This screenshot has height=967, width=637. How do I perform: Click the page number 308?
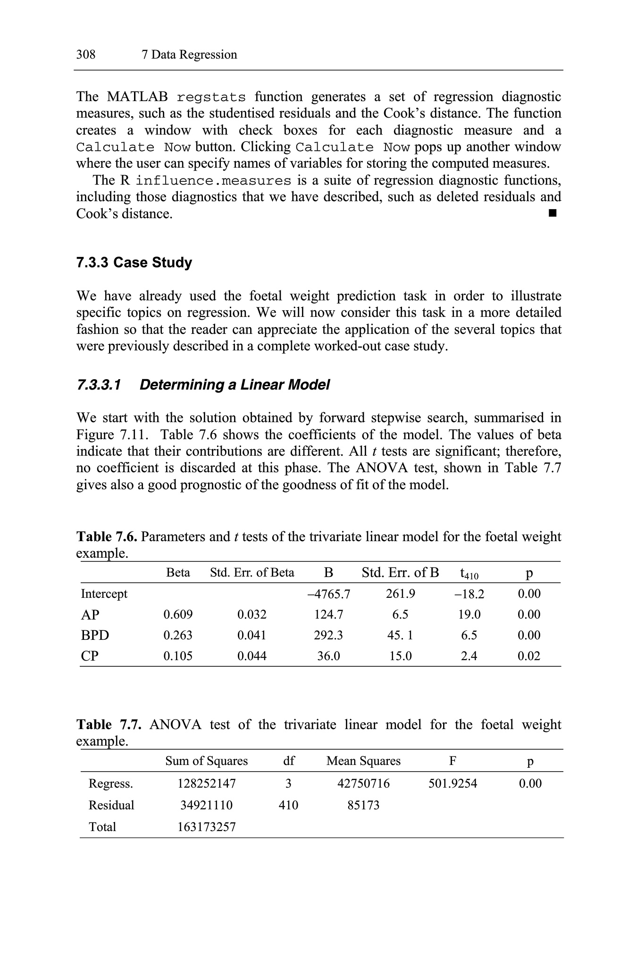[86, 55]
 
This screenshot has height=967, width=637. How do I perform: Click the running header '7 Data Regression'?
[189, 55]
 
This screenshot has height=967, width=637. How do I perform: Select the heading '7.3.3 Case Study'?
[134, 263]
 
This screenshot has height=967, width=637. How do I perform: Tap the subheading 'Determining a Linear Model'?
[235, 385]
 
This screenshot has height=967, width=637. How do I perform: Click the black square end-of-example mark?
[553, 214]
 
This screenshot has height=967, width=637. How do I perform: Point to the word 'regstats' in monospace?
[211, 98]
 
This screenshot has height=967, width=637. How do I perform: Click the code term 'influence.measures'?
[213, 181]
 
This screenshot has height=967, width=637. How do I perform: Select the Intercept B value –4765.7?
[328, 594]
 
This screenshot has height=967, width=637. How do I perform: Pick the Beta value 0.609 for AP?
[178, 615]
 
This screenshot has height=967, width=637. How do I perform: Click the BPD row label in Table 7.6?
[95, 636]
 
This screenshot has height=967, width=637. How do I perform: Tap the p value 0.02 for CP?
[529, 656]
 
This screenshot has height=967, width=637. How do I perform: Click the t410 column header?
[469, 574]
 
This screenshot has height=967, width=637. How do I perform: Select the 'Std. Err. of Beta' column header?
[252, 573]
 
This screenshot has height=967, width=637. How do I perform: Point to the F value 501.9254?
[453, 784]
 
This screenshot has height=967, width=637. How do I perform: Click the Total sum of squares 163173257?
[207, 827]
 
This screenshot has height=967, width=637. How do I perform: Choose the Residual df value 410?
[288, 806]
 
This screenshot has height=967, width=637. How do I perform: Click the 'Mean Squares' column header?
[363, 761]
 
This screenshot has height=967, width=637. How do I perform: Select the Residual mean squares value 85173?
[363, 806]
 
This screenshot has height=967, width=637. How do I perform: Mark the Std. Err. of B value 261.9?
[400, 594]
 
